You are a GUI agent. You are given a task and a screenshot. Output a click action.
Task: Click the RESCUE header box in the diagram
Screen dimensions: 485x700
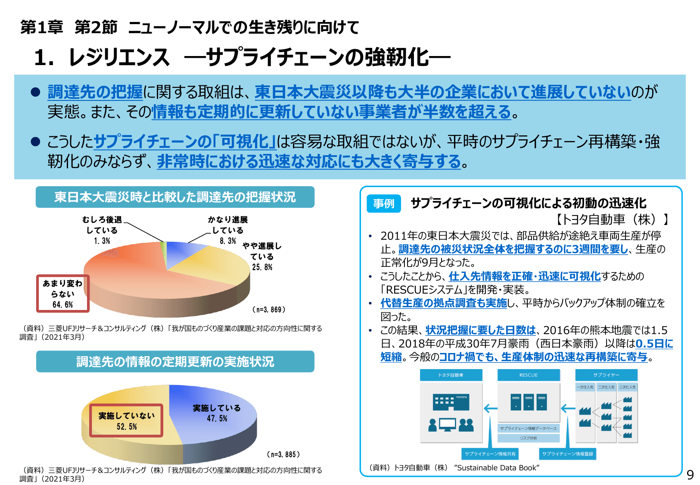point(528,375)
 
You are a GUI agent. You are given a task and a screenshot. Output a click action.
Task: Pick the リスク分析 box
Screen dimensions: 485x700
point(528,438)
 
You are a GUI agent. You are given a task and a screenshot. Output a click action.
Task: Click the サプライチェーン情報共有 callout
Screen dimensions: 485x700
point(490,454)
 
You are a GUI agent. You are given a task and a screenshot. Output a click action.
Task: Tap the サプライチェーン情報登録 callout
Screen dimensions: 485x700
point(567,454)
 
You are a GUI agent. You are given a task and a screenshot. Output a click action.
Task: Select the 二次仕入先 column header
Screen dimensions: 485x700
point(606,387)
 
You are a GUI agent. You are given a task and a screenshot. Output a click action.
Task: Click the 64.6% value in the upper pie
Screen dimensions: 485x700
point(63,305)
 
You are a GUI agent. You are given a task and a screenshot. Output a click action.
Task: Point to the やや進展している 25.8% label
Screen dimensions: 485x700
point(262,257)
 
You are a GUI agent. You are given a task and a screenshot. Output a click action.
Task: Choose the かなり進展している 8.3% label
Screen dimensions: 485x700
point(227,230)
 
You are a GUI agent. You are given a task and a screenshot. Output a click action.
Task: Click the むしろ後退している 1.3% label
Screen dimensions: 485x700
point(102,230)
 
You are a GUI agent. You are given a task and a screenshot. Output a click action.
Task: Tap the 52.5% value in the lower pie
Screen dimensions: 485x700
point(127,427)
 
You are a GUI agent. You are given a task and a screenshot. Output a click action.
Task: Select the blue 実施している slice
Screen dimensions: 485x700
point(215,414)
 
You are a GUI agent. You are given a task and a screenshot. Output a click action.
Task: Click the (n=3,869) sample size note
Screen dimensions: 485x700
point(268,310)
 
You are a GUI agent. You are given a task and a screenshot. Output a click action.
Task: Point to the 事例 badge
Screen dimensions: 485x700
point(383,203)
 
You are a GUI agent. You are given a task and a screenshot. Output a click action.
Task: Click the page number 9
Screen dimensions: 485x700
point(690,475)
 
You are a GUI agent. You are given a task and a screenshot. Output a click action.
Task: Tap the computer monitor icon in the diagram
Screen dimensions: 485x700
point(447,425)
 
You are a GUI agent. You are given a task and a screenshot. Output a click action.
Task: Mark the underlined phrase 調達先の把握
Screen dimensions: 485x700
point(95,92)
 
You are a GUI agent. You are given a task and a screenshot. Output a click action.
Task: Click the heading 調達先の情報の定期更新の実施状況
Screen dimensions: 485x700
point(175,362)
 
